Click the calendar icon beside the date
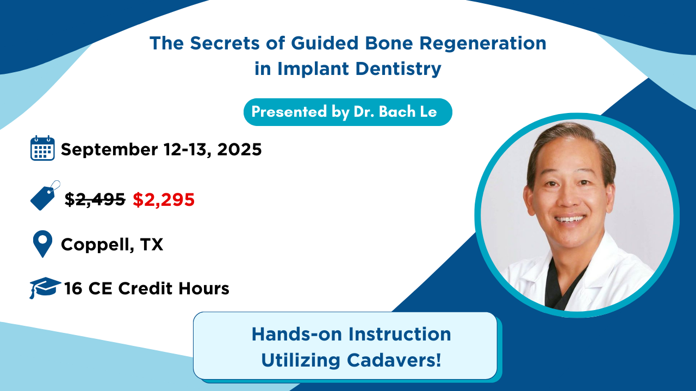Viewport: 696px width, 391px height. tap(42, 148)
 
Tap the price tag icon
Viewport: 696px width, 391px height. tap(45, 195)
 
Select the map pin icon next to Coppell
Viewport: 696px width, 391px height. tap(42, 244)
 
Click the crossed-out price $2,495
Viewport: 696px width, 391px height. tap(95, 199)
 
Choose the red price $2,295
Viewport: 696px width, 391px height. tap(164, 199)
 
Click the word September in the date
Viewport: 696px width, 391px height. tap(109, 150)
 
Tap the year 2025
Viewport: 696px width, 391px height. tap(239, 149)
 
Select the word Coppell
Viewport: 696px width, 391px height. tap(97, 245)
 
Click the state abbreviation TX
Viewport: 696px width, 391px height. tap(152, 244)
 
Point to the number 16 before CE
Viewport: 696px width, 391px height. tap(73, 288)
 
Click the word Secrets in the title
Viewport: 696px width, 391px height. tap(225, 43)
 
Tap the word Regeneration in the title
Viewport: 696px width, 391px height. tap(483, 43)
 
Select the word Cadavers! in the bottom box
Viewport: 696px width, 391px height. tap(394, 360)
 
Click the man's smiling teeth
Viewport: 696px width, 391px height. tap(570, 219)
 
